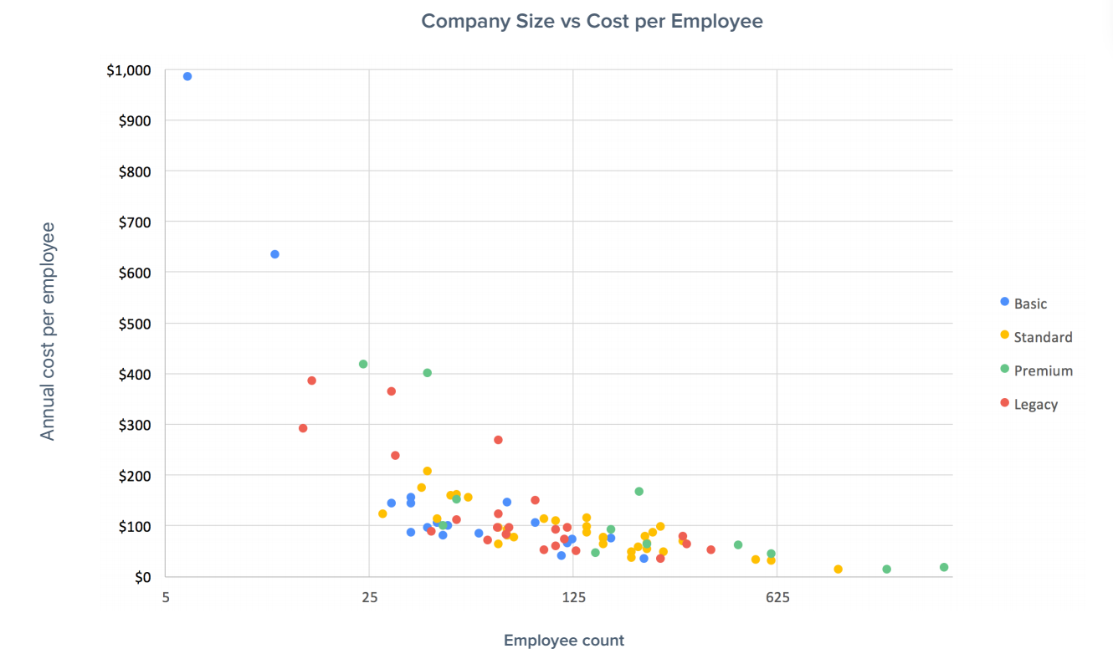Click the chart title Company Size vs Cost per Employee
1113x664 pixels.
point(592,21)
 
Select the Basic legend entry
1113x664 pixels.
point(1030,304)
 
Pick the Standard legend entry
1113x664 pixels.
point(1042,337)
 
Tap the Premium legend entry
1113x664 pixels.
point(1043,370)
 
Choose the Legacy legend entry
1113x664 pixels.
point(1036,404)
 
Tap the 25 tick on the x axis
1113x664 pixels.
point(369,597)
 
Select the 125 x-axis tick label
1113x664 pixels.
point(573,597)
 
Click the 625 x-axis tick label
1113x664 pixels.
point(777,597)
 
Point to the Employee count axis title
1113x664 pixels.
point(563,641)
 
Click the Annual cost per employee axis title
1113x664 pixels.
point(48,331)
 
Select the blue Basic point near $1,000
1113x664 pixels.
point(187,76)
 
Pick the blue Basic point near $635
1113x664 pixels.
point(274,254)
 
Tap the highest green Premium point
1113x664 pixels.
point(363,364)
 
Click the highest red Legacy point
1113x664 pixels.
point(311,381)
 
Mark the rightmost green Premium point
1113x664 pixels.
point(944,567)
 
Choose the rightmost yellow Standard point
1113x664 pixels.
point(838,570)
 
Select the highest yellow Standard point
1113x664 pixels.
point(427,471)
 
